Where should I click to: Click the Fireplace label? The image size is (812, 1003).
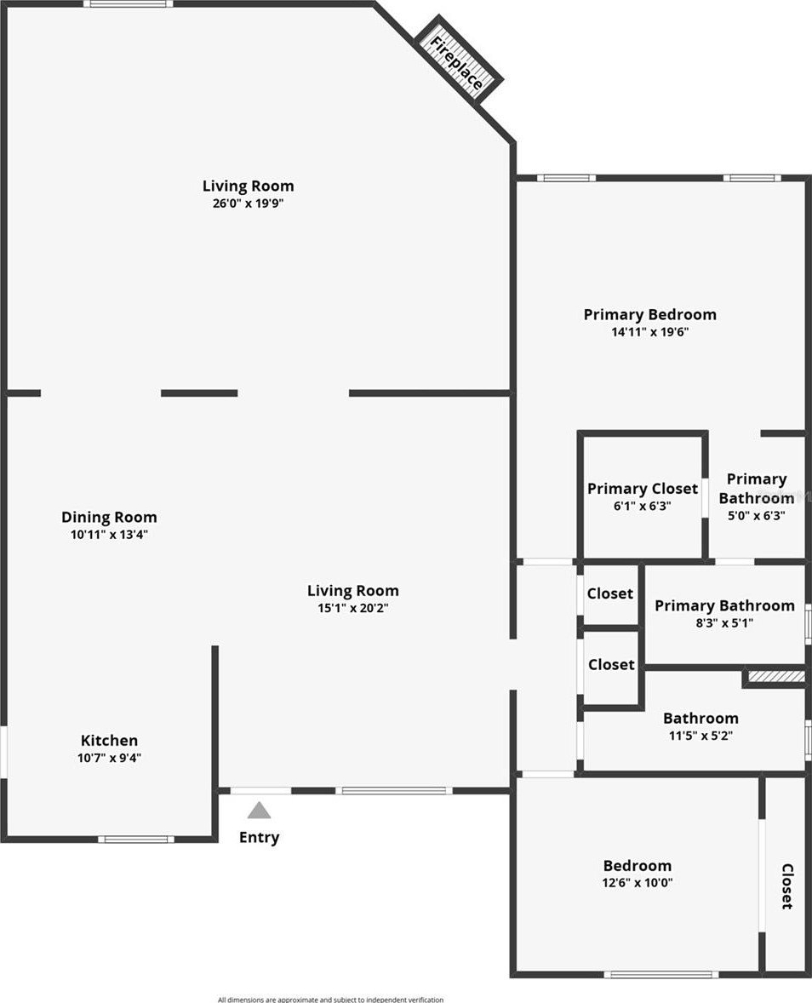[456, 63]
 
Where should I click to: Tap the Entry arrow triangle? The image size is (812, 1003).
[259, 811]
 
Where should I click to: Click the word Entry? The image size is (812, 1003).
[259, 837]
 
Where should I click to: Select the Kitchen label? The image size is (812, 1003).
[109, 740]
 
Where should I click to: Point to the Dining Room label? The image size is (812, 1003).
[109, 518]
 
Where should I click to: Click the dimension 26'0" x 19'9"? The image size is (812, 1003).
[248, 203]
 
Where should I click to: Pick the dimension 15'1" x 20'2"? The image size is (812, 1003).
[353, 608]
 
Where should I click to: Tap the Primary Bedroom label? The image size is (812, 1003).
[649, 315]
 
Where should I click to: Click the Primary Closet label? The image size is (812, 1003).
[643, 489]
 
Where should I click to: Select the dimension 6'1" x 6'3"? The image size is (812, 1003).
[643, 506]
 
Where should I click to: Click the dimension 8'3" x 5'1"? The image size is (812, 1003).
[724, 622]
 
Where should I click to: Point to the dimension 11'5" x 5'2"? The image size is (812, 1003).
[700, 736]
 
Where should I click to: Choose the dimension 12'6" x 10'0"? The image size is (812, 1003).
[638, 883]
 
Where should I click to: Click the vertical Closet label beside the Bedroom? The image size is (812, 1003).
[787, 886]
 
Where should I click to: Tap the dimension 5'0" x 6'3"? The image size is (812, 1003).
[757, 516]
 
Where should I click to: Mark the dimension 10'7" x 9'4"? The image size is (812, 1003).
[109, 758]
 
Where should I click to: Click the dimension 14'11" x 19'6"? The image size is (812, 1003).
[649, 332]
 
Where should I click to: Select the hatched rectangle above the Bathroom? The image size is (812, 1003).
[776, 676]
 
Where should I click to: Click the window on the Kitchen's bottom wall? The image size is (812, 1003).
[135, 840]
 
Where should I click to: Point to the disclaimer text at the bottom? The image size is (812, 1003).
[330, 999]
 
